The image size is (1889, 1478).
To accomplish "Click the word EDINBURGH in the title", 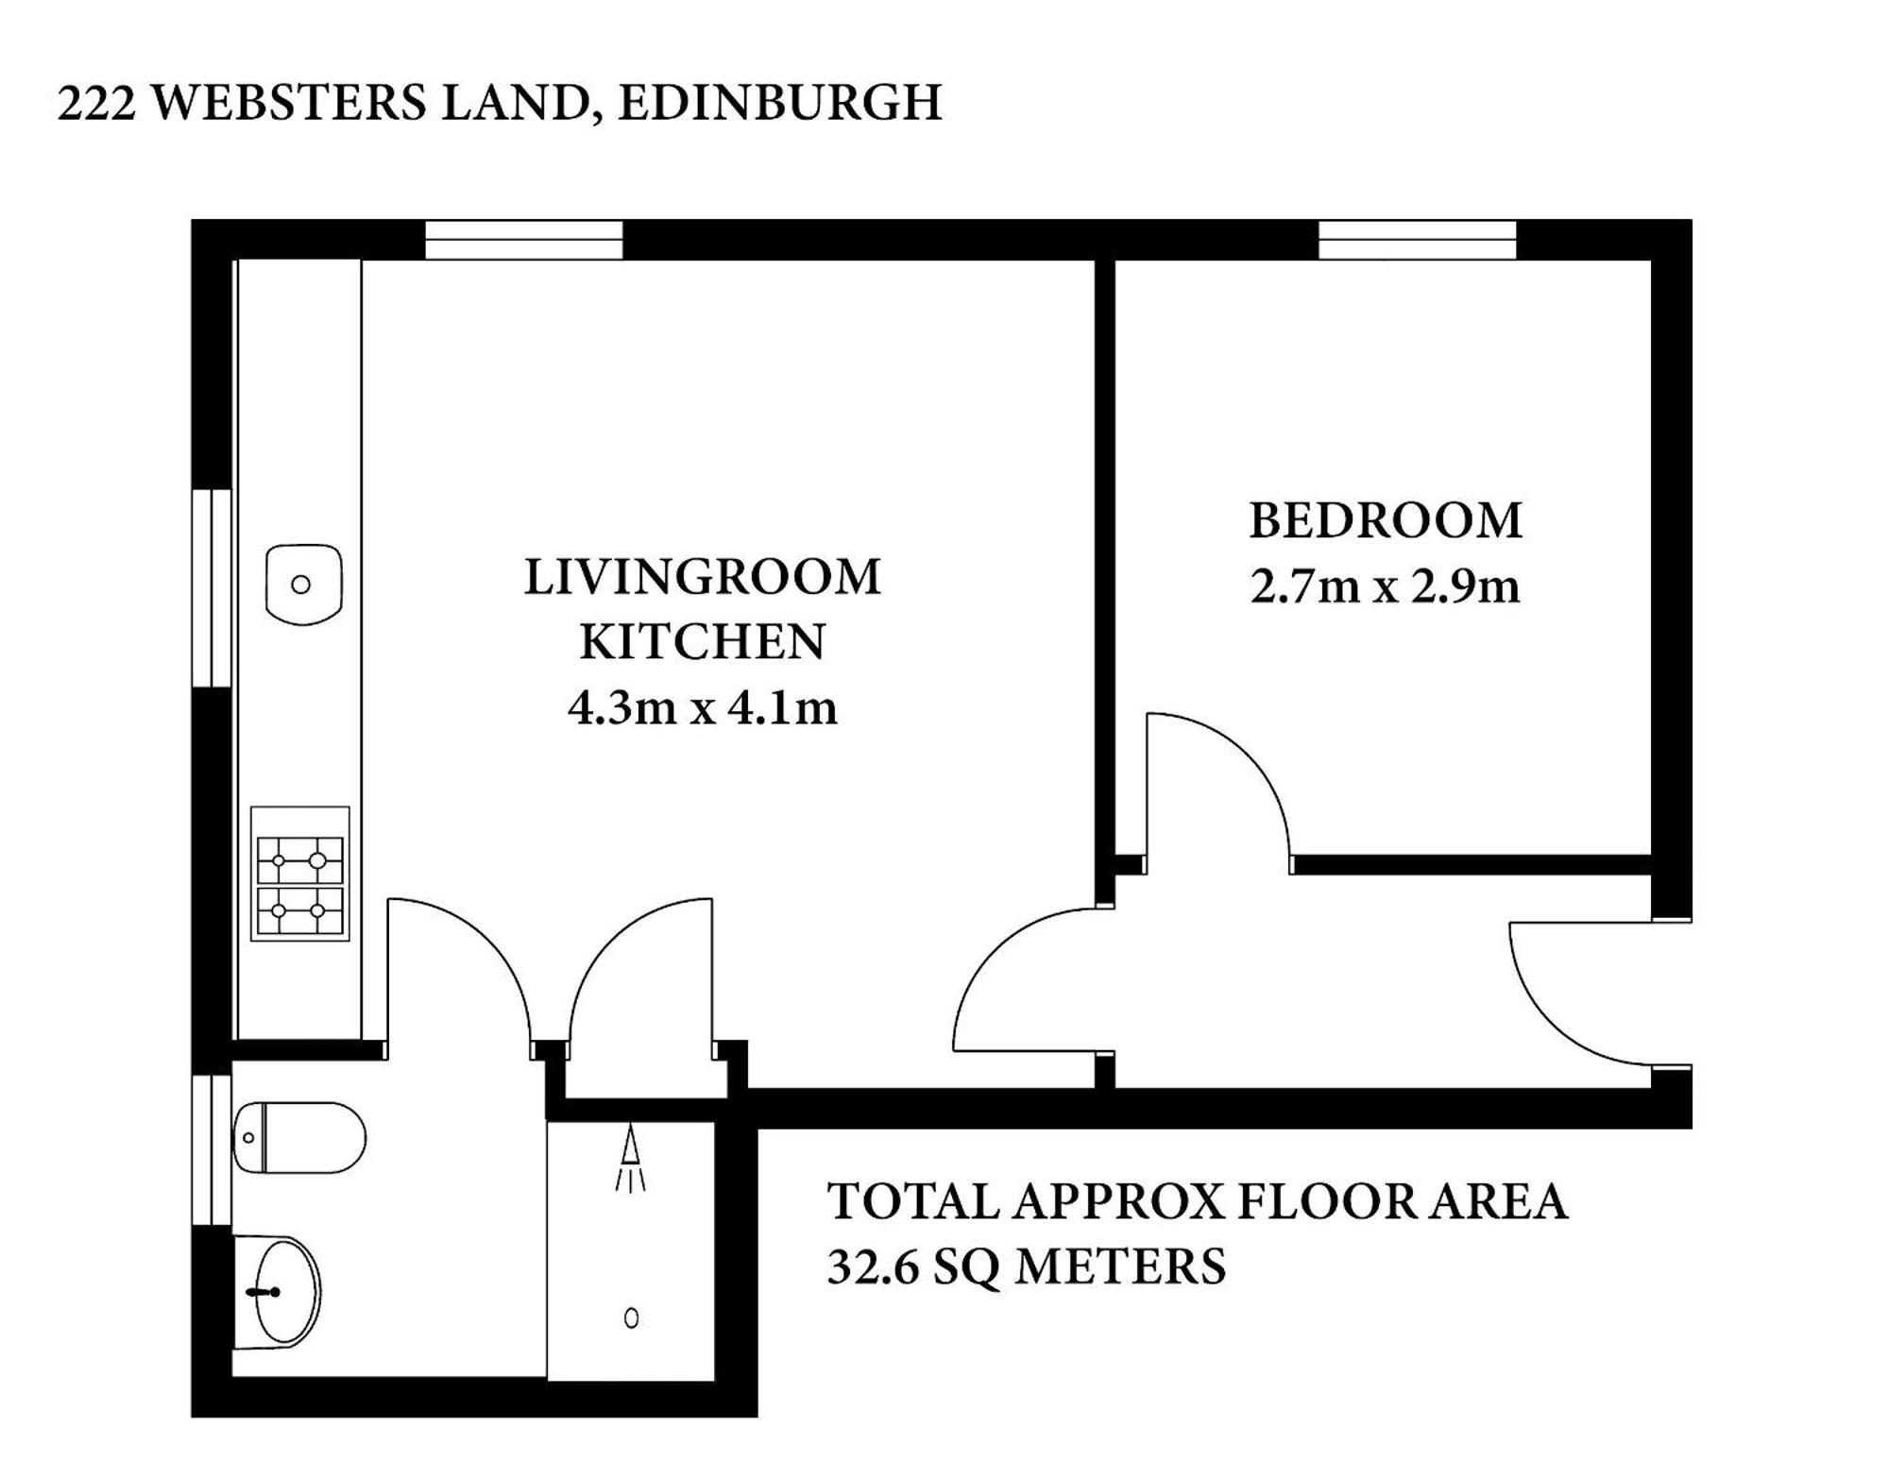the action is point(780,103).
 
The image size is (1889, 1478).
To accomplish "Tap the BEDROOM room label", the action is point(1386,520).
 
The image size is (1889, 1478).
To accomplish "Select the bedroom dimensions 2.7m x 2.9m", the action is point(1386,586).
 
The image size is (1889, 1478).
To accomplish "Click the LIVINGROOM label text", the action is point(703,577).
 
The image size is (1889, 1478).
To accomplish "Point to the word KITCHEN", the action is point(703,642).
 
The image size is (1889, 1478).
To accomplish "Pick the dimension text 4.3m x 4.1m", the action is point(703,707).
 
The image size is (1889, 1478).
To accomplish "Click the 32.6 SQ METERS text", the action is point(1027,1266).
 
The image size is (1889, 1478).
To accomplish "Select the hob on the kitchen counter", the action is point(300,874).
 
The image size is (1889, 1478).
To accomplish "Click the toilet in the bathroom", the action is point(299,1138).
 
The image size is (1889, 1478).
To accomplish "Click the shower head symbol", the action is point(631,1158).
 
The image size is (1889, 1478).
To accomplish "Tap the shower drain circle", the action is point(632,1318).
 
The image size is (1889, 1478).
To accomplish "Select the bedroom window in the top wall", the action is point(1417,240).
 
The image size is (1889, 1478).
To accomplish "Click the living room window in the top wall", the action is point(523,240).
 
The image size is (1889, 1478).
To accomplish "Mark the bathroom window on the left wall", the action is point(212,1149).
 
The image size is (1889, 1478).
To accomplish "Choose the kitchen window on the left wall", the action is point(212,587).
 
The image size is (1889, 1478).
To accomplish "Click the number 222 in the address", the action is point(96,103).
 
